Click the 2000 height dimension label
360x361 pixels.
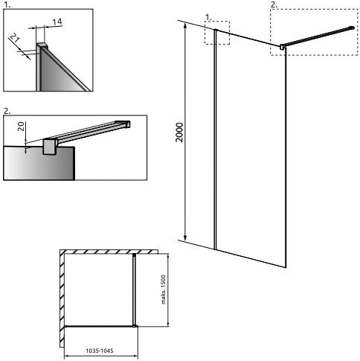tap(179, 132)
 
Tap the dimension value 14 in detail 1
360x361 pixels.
tap(57, 22)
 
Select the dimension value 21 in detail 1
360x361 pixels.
tap(15, 38)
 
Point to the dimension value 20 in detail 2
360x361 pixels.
tap(22, 127)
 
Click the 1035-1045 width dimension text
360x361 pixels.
tap(100, 351)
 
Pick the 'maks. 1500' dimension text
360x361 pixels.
tap(163, 290)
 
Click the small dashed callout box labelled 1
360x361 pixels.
tap(217, 33)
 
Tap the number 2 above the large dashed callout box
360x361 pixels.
tap(273, 4)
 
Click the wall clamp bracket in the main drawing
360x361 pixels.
tap(283, 47)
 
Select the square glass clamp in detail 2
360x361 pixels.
tap(51, 147)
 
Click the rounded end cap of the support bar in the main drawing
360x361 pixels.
tap(352, 28)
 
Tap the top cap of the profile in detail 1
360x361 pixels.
tap(42, 45)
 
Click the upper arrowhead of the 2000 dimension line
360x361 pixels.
tap(185, 25)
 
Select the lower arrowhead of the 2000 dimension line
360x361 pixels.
tap(185, 237)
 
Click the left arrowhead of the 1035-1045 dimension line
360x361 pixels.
tap(67, 357)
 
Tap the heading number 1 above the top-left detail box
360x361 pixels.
tap(7, 5)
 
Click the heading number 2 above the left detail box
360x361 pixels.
tap(7, 111)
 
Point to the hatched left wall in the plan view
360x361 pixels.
tap(62, 298)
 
